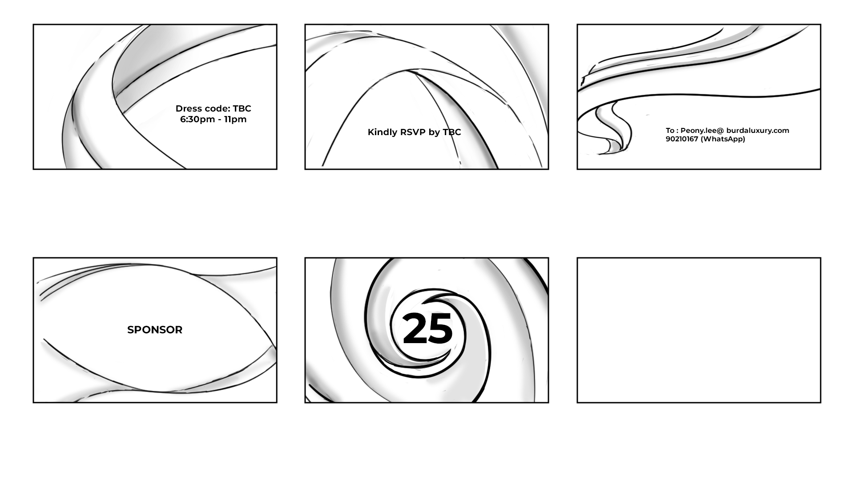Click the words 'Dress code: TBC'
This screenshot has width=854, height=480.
[x=213, y=108]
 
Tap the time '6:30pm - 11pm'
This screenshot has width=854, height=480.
[x=213, y=119]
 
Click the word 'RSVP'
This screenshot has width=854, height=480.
[x=413, y=132]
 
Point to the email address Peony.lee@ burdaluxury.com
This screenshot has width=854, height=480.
[x=735, y=130]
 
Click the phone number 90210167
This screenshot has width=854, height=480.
[x=682, y=139]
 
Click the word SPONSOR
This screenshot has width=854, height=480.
[x=155, y=330]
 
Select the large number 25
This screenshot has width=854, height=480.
[x=427, y=328]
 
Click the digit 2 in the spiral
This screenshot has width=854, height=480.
[x=415, y=328]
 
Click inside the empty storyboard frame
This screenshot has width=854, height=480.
[x=699, y=330]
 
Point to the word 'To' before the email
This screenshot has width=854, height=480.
[x=670, y=130]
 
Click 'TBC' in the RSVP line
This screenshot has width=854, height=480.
[x=452, y=132]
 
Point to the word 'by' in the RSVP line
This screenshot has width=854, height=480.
[x=434, y=132]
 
